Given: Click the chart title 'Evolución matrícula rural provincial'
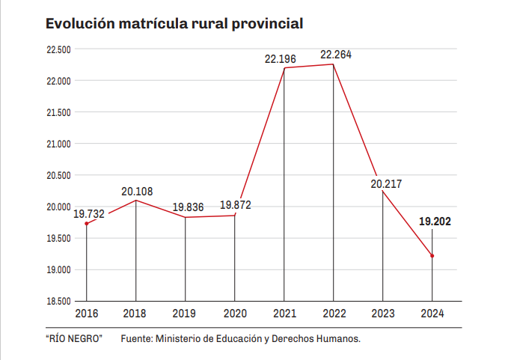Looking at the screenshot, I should [174, 23].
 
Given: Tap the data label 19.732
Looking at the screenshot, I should [89, 213].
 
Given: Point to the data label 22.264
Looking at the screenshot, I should [336, 55].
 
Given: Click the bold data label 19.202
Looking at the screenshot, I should [435, 222].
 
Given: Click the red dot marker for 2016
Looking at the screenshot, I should [87, 224].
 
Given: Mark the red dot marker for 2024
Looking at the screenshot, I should [432, 256].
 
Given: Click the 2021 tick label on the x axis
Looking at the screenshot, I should [284, 314].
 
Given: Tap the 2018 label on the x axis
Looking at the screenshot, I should [135, 314].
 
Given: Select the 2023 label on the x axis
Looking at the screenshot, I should [383, 314].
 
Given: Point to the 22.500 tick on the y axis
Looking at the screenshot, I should [58, 49].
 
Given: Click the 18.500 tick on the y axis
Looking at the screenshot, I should [58, 301].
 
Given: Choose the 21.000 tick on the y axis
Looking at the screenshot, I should [58, 144].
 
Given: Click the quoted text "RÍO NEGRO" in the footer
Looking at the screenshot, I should [73, 339].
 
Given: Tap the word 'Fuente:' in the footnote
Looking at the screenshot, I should [136, 339].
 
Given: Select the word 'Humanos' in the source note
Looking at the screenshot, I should [340, 339].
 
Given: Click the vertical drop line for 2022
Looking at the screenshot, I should [334, 187].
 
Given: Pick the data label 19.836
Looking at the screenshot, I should [187, 207].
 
